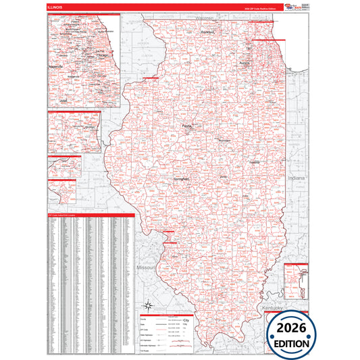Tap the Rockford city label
(207, 32)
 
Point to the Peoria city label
(188, 126)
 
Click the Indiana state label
(296, 178)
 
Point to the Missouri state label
(147, 267)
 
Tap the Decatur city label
(224, 177)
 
